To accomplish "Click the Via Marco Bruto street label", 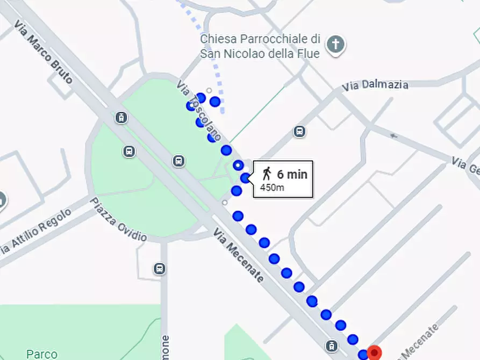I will [44, 52].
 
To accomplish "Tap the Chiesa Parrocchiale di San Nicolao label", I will [260, 46].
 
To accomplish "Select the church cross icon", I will [336, 44].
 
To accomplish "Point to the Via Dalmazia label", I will [375, 85].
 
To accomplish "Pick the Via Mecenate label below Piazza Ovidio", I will [239, 256].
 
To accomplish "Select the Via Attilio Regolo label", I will [35, 232].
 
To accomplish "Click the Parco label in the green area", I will [42, 354].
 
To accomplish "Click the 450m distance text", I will [272, 188].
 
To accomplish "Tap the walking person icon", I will [267, 174].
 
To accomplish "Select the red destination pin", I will [374, 352].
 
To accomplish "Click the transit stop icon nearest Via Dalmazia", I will [299, 131].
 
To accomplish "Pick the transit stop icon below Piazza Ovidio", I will [160, 268].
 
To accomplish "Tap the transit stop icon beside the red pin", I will [332, 345].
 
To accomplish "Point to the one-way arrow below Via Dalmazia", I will [395, 136].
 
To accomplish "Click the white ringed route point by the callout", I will [238, 165].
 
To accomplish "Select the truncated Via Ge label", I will [466, 166].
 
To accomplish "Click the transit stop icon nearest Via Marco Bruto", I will [121, 118].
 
